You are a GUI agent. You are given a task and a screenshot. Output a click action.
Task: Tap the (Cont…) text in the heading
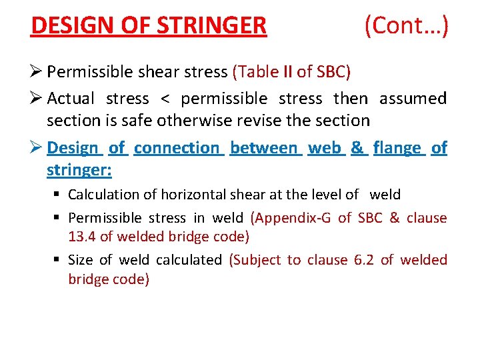[406, 26]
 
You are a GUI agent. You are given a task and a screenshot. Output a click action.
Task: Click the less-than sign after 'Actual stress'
[165, 99]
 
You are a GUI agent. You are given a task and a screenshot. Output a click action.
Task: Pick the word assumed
[413, 99]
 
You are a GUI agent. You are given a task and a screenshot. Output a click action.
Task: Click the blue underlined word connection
[176, 147]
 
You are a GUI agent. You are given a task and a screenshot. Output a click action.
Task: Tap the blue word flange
[397, 148]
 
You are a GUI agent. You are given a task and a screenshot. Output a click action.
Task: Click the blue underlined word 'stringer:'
[79, 170]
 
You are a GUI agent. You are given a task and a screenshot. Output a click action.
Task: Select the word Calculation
[104, 195]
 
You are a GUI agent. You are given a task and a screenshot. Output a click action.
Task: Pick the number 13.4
[80, 237]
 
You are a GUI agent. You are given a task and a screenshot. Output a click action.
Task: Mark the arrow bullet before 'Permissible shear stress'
[37, 71]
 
